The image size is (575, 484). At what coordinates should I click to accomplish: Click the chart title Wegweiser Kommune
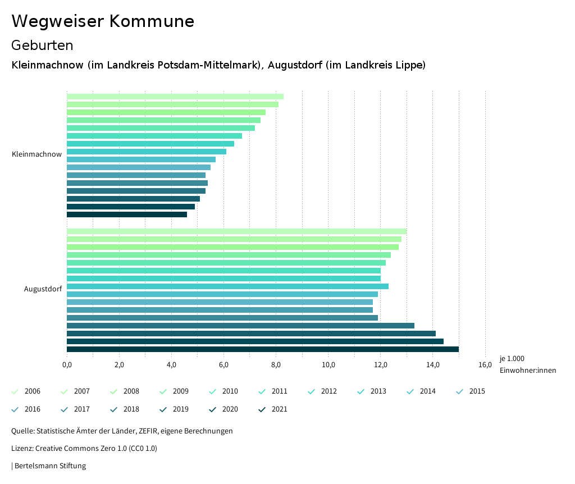[x=103, y=21]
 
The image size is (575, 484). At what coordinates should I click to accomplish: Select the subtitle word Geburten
[x=42, y=45]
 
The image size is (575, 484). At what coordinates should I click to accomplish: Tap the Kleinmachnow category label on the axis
[x=36, y=154]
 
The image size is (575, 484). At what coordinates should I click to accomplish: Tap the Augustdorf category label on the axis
[x=43, y=289]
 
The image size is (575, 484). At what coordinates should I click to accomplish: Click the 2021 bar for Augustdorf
[x=262, y=349]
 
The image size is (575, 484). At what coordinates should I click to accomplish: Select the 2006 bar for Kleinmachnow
[x=175, y=97]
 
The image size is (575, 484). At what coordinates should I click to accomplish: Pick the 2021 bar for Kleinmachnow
[x=126, y=214]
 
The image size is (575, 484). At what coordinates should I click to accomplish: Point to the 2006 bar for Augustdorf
[x=236, y=231]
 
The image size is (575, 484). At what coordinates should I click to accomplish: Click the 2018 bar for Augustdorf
[x=240, y=326]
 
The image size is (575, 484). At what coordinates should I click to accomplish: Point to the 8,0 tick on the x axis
[x=276, y=366]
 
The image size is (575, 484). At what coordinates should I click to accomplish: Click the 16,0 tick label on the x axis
[x=485, y=366]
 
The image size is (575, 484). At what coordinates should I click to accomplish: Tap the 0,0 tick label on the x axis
[x=67, y=366]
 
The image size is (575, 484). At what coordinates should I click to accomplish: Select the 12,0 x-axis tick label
[x=380, y=366]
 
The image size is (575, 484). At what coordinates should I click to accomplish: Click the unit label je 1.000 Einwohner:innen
[x=527, y=364]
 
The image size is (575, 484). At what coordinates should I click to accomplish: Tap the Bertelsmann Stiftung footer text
[x=49, y=466]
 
